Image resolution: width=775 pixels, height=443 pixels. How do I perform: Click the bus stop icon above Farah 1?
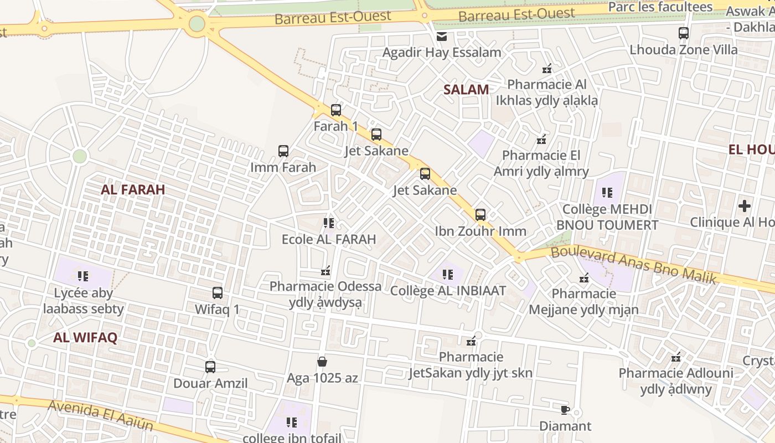[336, 110]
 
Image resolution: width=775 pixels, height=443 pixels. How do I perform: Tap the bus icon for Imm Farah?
[283, 151]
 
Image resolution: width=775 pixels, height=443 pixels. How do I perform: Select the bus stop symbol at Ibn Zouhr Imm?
[480, 214]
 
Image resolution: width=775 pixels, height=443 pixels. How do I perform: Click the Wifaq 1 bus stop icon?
[218, 292]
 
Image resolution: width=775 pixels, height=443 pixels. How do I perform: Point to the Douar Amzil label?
[210, 383]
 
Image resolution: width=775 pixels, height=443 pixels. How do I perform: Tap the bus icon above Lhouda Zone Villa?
[684, 33]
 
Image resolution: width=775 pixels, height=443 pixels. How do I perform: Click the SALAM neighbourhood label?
[466, 89]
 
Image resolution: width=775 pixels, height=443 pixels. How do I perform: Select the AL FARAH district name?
[133, 189]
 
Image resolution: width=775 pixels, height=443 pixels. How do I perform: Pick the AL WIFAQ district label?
[85, 338]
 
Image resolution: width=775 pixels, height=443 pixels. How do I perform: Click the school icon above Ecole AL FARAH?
[329, 223]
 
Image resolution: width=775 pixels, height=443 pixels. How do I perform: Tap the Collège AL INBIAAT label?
[448, 290]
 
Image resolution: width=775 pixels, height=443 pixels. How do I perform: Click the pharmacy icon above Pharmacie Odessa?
[325, 271]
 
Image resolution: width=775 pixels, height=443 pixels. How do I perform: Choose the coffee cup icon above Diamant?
[565, 410]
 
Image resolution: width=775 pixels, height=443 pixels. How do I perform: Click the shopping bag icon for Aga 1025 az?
[322, 362]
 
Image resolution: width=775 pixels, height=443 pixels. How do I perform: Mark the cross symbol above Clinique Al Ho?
[745, 206]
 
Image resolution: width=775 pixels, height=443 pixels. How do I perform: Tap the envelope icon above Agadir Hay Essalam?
[442, 37]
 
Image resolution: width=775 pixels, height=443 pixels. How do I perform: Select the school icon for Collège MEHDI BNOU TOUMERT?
[607, 193]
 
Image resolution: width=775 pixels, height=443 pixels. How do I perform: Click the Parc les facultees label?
[660, 7]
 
